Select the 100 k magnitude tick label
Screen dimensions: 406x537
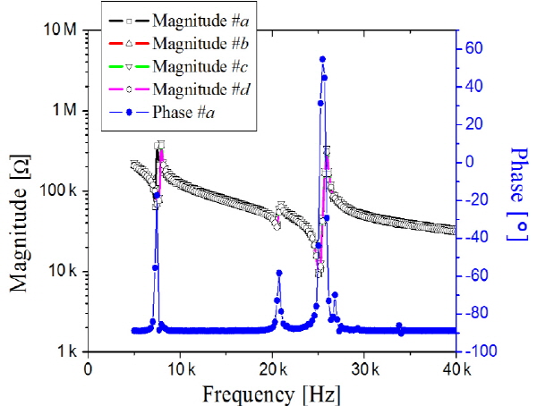pos(55,191)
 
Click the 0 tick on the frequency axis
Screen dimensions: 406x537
pos(88,368)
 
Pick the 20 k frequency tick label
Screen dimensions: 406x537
pos(271,368)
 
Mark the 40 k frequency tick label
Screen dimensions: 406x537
pos(456,368)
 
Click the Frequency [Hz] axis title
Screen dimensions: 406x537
pos(271,393)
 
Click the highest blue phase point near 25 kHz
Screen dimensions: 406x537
pos(322,59)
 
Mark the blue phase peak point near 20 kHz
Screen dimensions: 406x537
pos(278,273)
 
